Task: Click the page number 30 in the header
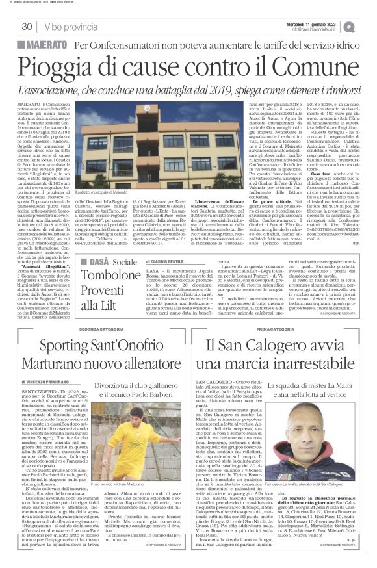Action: tap(27, 27)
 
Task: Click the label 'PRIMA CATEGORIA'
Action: tap(273, 329)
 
